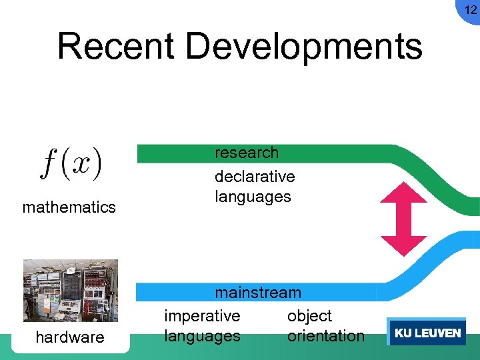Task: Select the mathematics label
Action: coord(69,207)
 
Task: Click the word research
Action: coord(247,153)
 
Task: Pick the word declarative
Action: coord(255,177)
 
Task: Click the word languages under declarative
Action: coord(253,197)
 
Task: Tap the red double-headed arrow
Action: coord(403,219)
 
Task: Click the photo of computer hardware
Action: coord(70,291)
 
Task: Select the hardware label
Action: coord(70,337)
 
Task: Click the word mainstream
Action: coord(258,293)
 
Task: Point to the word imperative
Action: coord(202,315)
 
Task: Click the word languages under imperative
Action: coord(202,336)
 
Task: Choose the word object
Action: coord(309,315)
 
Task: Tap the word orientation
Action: coord(326,336)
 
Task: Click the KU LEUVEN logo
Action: coord(427,333)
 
